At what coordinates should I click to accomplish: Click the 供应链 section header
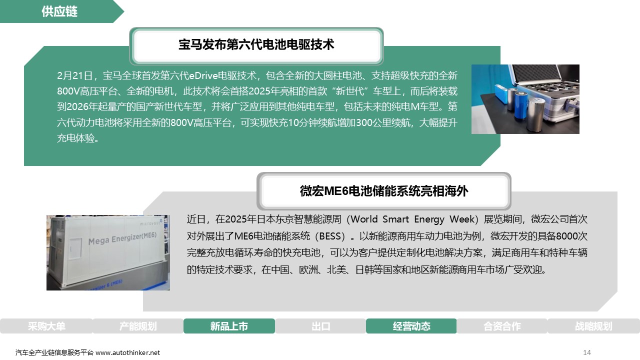point(59,11)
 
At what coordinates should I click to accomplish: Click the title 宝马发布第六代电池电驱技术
point(256,45)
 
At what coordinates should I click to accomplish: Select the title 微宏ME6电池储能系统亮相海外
point(383,191)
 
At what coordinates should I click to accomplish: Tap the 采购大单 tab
point(46,326)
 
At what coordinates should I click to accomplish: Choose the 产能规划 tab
point(138,326)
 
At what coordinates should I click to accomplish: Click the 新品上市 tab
point(229,326)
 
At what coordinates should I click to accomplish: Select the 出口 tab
point(320,326)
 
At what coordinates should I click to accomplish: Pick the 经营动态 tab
point(411,326)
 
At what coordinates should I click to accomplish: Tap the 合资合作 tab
point(502,326)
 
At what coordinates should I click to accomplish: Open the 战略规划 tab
point(593,326)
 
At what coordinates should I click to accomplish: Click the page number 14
point(587,352)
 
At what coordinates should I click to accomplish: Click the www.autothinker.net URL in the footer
point(127,353)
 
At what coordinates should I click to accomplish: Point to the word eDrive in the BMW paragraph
point(203,75)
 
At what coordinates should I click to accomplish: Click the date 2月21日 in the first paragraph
point(75,75)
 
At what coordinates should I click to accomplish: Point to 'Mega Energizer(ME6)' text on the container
point(122,238)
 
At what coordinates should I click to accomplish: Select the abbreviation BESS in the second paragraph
point(330,236)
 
